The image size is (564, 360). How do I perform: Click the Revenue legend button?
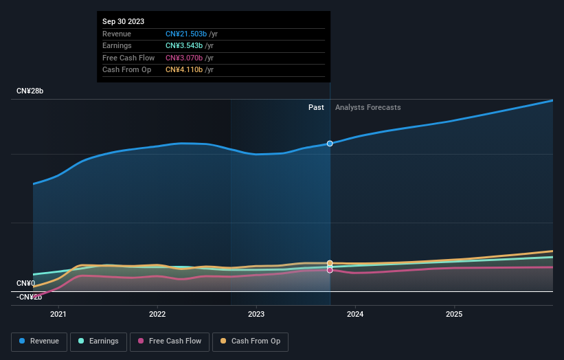coord(39,341)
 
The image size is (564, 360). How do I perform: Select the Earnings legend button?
coord(98,341)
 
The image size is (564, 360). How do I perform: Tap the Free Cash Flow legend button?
coord(170,341)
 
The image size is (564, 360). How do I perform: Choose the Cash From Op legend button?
coord(250,341)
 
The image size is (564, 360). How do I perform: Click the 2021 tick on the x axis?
coord(58,315)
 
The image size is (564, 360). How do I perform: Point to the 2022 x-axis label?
coord(157,315)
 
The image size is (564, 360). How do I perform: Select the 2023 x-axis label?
coord(256,315)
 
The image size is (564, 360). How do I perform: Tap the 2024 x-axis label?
coord(355,315)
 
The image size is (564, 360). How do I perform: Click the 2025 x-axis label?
coord(454,315)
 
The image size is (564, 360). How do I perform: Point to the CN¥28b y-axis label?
coord(30,91)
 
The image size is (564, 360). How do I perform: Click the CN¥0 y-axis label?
coord(26,283)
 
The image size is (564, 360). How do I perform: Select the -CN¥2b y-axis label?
coord(28,297)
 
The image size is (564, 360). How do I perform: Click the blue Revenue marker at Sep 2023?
coord(330,144)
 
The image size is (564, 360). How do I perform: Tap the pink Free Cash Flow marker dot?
coord(330,270)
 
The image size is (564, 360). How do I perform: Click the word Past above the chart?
coord(316,107)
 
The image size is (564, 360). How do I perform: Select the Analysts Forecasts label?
coord(368,107)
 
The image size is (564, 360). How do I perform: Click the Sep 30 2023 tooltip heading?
coord(124,22)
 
